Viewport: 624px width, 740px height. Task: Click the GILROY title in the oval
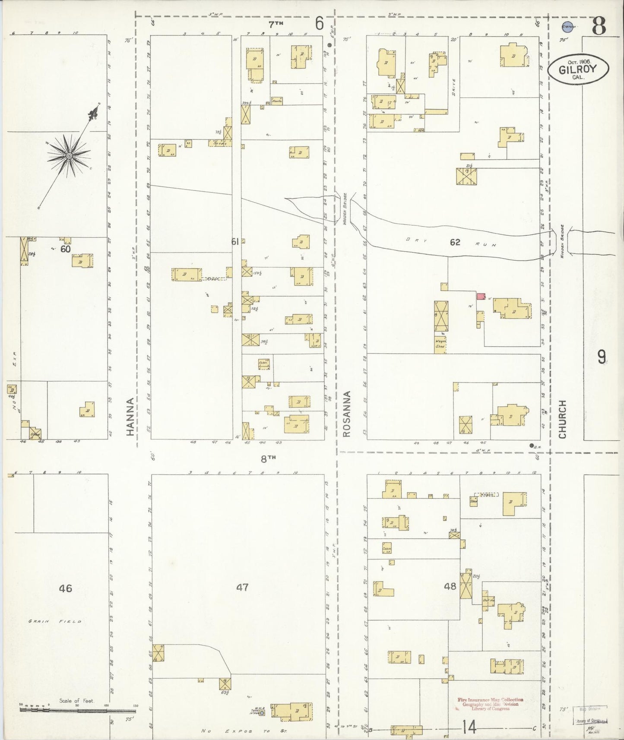pyautogui.click(x=578, y=70)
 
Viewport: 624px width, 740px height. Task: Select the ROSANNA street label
pyautogui.click(x=346, y=414)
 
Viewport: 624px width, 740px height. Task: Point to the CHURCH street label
pyautogui.click(x=562, y=419)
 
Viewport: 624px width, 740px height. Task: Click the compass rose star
pyautogui.click(x=68, y=155)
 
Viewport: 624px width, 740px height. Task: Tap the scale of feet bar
pyautogui.click(x=78, y=710)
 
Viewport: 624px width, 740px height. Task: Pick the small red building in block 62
pyautogui.click(x=481, y=296)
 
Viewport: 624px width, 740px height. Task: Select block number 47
pyautogui.click(x=242, y=587)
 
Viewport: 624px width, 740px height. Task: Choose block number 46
pyautogui.click(x=66, y=588)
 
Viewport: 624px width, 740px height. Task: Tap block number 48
pyautogui.click(x=450, y=586)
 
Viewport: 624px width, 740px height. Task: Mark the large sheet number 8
pyautogui.click(x=598, y=26)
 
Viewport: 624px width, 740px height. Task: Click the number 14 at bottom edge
pyautogui.click(x=469, y=727)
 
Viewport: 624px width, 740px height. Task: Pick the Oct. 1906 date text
pyautogui.click(x=579, y=62)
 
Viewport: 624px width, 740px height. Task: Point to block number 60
pyautogui.click(x=65, y=249)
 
